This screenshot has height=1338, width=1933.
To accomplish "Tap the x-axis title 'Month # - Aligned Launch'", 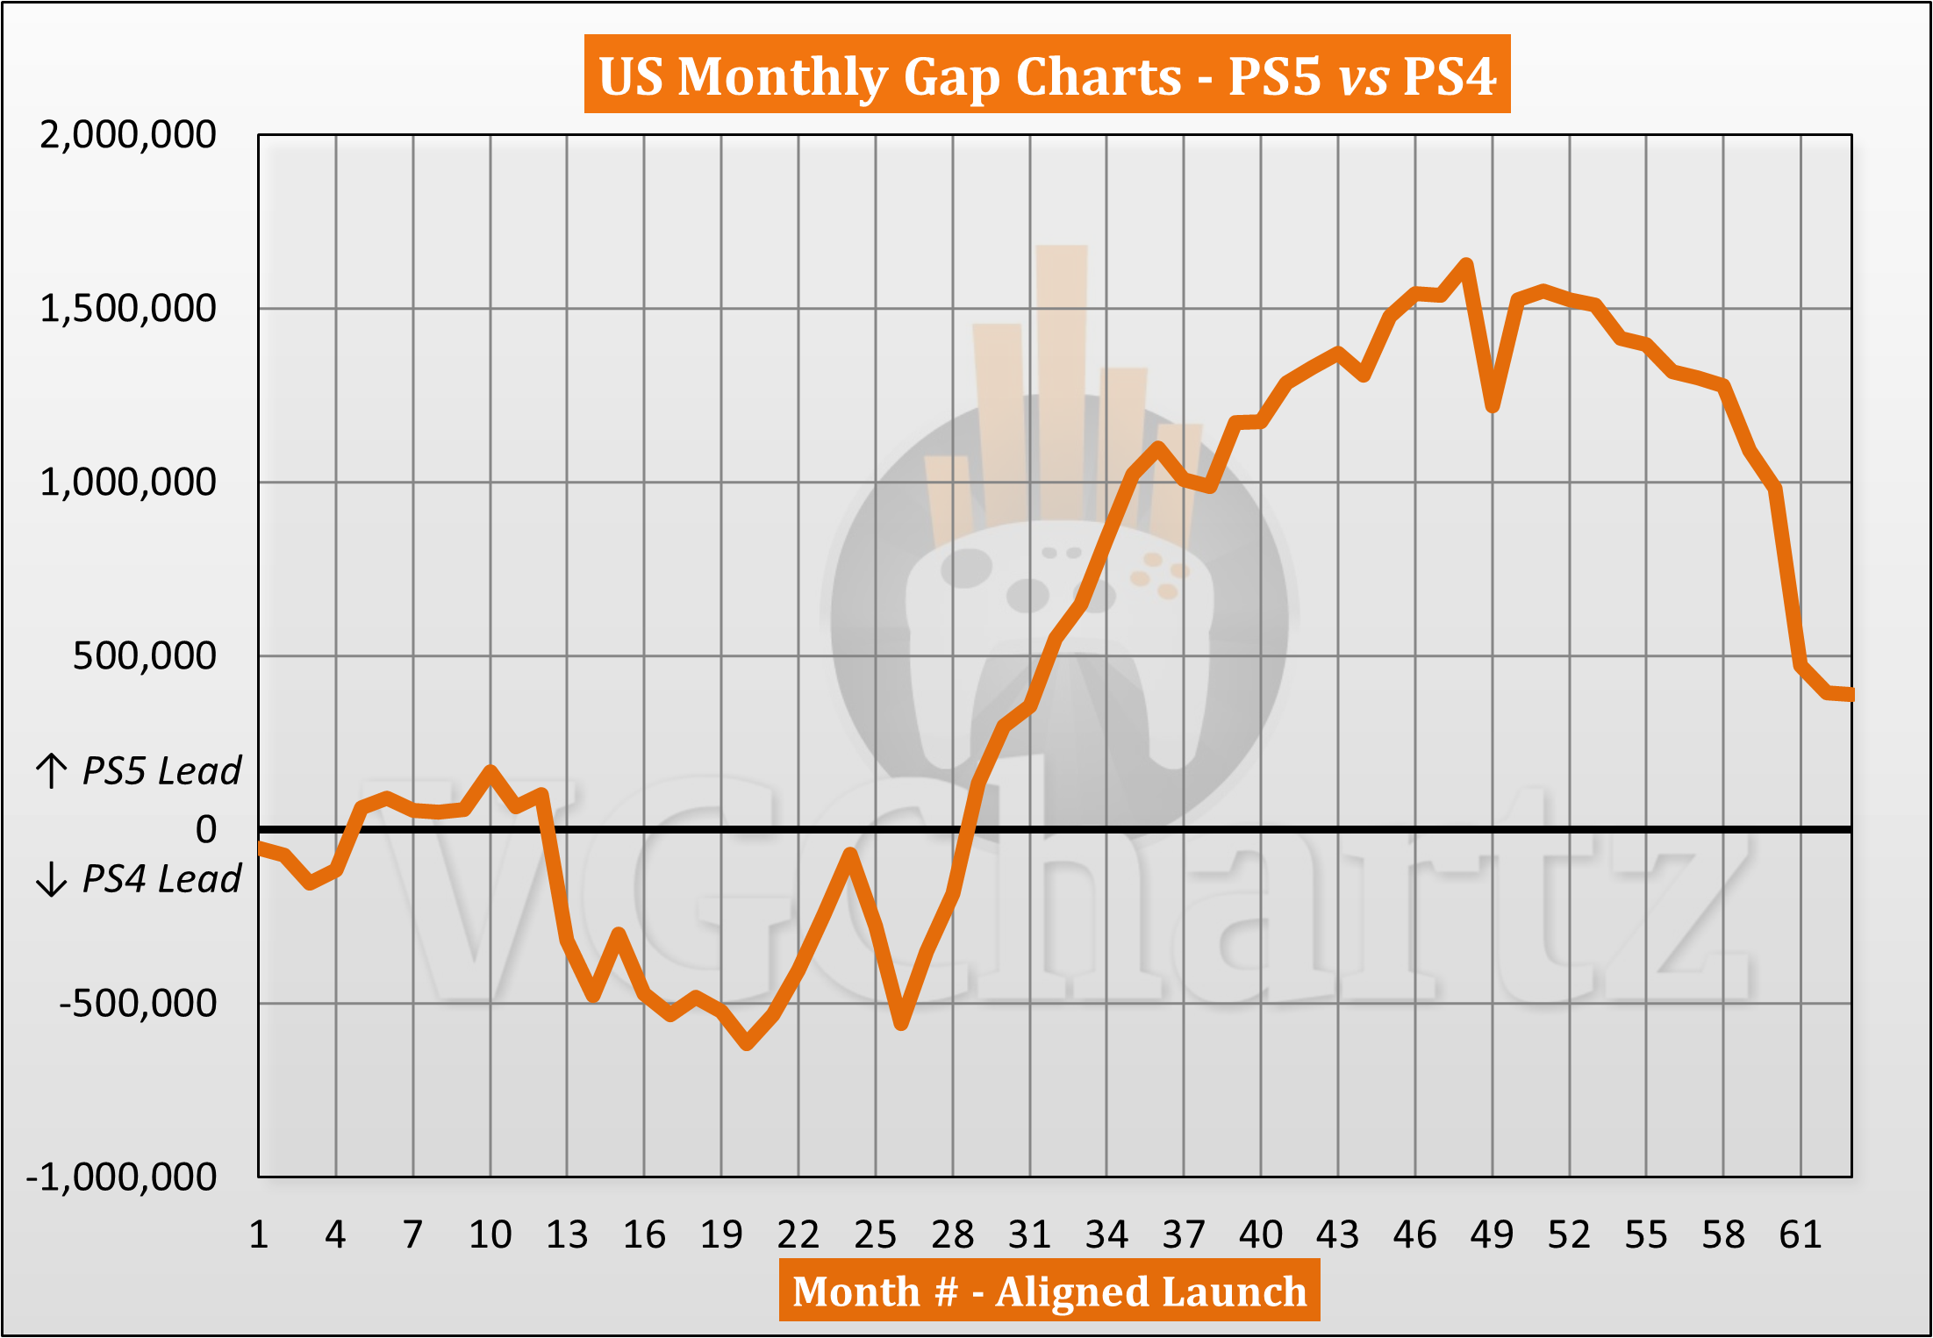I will click(1049, 1291).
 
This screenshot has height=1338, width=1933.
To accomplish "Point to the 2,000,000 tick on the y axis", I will click(128, 135).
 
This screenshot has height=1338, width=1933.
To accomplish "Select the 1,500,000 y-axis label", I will click(128, 309).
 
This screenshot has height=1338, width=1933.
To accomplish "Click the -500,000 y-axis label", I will click(138, 1003).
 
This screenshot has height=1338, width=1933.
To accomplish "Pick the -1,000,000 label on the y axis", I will click(121, 1177).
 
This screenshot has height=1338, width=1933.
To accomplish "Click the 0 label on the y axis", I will click(206, 829).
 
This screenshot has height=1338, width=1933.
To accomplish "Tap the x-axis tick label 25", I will click(875, 1235).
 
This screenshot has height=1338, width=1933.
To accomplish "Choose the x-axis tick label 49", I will click(1492, 1235).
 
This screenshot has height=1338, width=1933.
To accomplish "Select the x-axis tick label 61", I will click(1801, 1235).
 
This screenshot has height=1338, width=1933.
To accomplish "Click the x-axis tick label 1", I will click(258, 1235).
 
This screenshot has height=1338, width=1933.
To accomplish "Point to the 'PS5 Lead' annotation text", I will click(161, 771).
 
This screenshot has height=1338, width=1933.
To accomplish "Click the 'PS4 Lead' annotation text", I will click(161, 879).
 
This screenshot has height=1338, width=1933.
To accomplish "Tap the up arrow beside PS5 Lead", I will click(52, 771).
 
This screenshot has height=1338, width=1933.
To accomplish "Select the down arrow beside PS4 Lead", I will click(52, 879).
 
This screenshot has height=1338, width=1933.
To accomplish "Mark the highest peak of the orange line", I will click(1465, 264).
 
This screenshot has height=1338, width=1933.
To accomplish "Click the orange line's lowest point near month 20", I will click(747, 1044).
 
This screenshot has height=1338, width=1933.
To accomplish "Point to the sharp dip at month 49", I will click(1492, 407).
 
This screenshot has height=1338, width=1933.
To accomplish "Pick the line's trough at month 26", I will click(901, 1023).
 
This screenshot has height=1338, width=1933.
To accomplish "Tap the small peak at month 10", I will click(490, 771).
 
